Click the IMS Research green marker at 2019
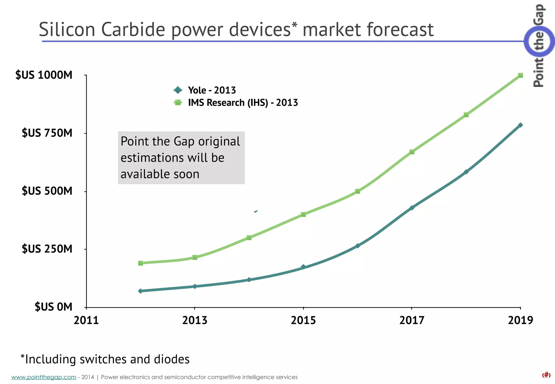click(520, 75)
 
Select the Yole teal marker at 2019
click(520, 125)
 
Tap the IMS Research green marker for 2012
click(140, 263)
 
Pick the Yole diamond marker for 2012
click(140, 291)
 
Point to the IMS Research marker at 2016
click(357, 191)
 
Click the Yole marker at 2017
click(412, 208)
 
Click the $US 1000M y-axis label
click(44, 75)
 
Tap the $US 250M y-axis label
click(47, 249)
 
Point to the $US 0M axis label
click(53, 307)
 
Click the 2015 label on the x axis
click(303, 320)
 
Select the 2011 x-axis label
click(86, 320)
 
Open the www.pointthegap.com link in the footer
click(44, 377)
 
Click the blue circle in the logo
click(538, 41)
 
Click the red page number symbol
click(546, 375)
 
